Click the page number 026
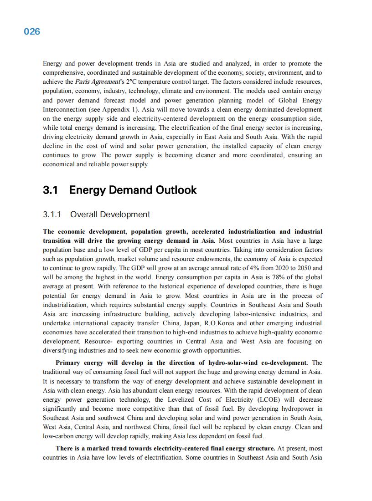coord(32,31)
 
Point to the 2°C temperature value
coord(132,82)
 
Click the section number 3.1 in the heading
coord(50,190)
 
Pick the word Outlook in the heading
coord(176,190)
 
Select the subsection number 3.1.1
coord(52,215)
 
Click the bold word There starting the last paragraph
coord(64,449)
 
